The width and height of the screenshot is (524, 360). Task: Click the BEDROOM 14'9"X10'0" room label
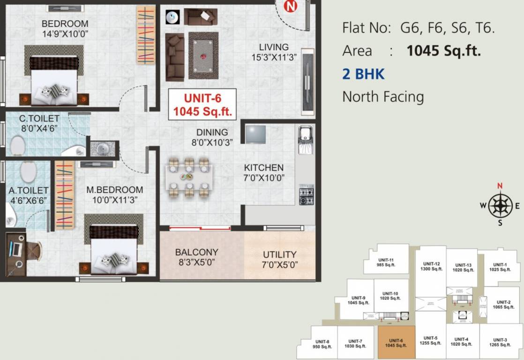click(65, 29)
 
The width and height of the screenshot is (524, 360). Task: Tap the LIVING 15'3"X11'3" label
click(274, 52)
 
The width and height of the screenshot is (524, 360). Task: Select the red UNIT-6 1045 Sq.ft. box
click(202, 105)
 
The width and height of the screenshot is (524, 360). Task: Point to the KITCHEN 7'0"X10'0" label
click(264, 172)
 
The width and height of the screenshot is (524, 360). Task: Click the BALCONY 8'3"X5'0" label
click(197, 257)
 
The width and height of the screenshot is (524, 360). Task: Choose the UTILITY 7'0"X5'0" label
click(279, 259)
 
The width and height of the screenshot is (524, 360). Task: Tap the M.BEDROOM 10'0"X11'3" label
click(114, 195)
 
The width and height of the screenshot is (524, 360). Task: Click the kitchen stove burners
click(307, 195)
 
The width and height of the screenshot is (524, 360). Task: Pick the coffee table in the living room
click(203, 55)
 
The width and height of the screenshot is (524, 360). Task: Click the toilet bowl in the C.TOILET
click(18, 145)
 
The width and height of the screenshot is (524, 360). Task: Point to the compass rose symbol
click(501, 205)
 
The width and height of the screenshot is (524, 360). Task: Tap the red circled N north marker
click(292, 6)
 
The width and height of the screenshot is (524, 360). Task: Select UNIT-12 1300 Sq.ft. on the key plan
click(431, 266)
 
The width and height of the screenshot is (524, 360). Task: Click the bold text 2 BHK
click(363, 74)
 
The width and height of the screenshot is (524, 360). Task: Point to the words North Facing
click(383, 97)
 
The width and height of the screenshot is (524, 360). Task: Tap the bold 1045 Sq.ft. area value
click(443, 51)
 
